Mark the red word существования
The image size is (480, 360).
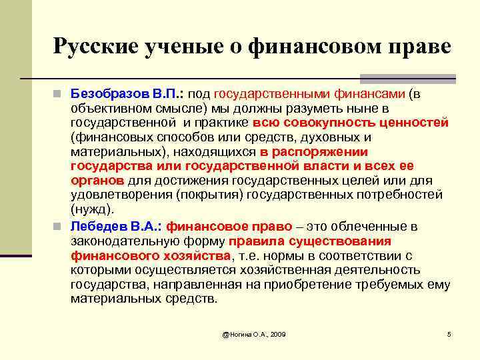[347, 241]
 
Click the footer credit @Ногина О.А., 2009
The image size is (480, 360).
[254, 333]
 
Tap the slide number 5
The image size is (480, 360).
[449, 333]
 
